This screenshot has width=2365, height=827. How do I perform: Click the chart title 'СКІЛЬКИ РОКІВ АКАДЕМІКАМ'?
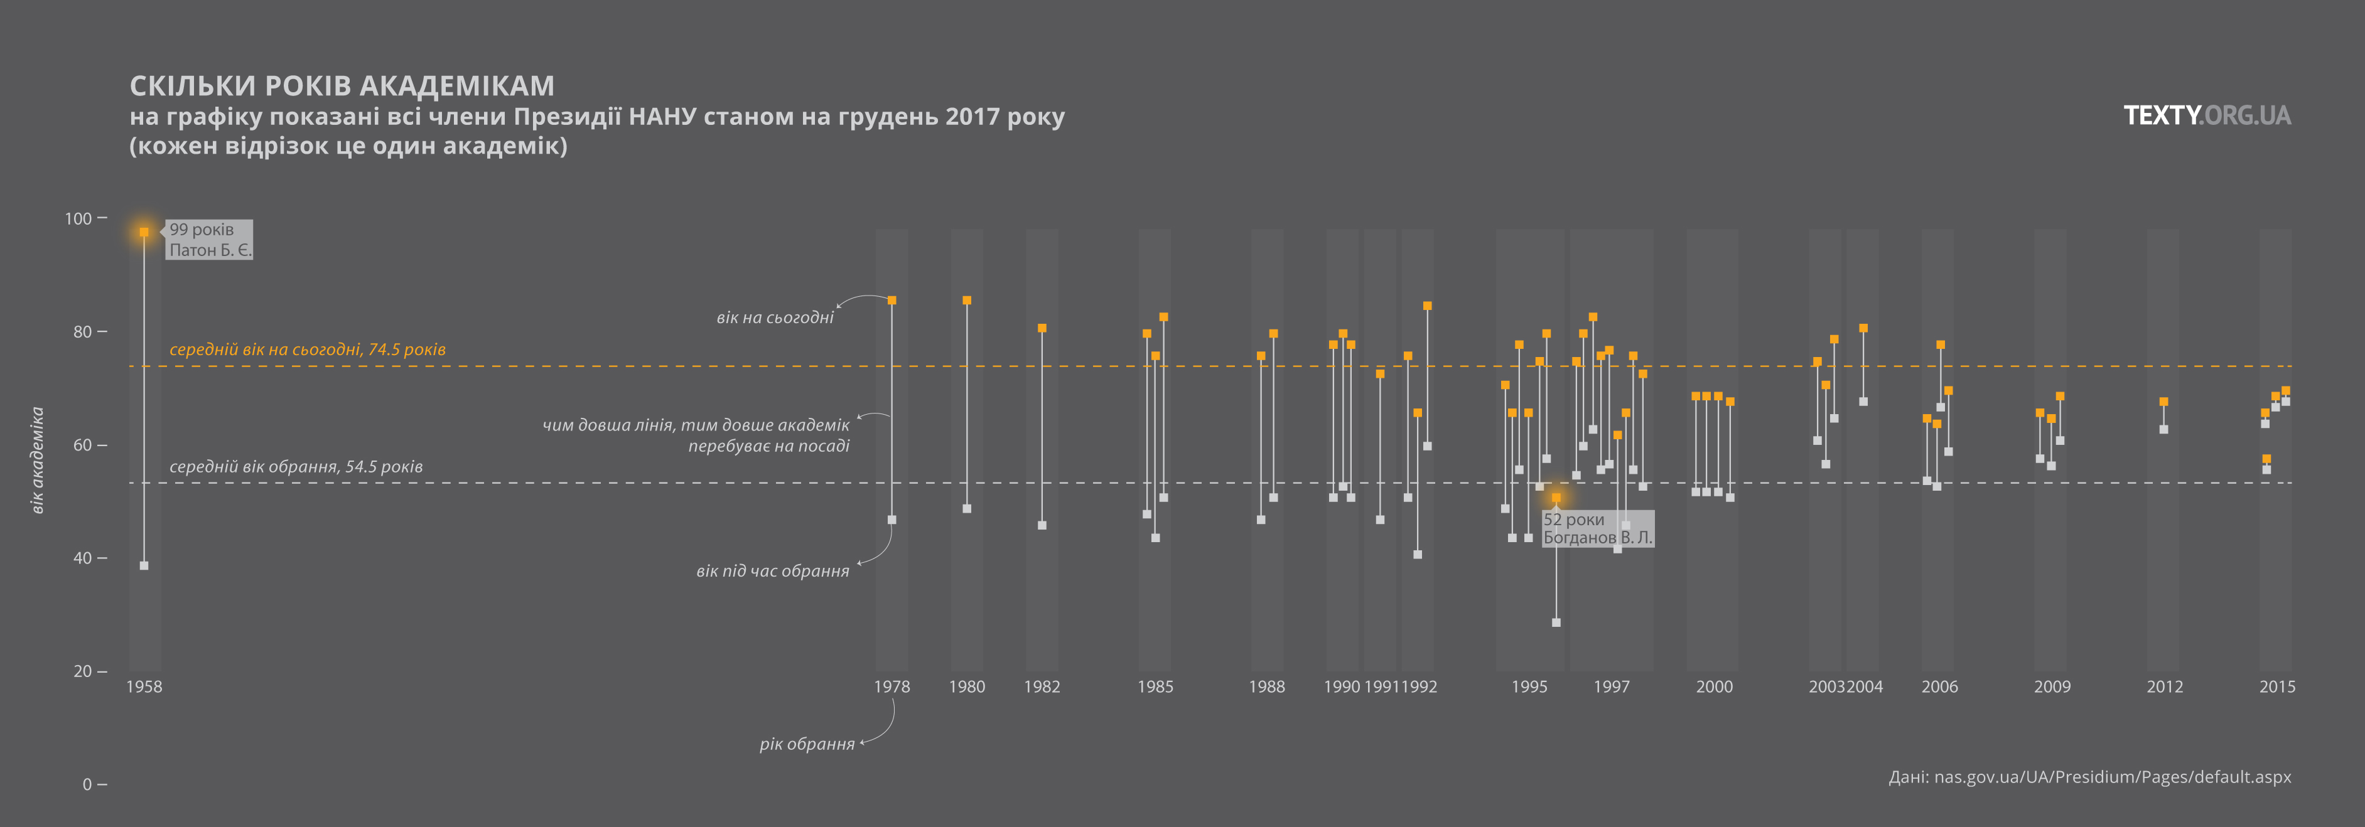click(x=342, y=85)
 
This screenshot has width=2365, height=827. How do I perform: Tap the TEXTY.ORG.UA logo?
click(x=2207, y=115)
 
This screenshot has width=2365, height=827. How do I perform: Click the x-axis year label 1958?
click(x=144, y=686)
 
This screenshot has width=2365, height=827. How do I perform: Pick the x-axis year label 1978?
click(x=892, y=686)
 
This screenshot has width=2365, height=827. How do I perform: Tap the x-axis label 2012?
click(x=2164, y=686)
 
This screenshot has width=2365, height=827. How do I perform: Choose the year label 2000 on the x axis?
click(x=1714, y=686)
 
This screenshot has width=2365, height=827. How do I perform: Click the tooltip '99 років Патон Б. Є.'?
click(x=209, y=240)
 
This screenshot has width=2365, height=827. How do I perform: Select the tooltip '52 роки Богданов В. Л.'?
click(x=1597, y=529)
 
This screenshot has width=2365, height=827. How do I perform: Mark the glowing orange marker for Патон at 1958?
click(x=144, y=232)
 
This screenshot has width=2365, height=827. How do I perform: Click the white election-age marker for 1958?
click(x=144, y=565)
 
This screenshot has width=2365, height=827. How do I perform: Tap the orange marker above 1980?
click(x=967, y=300)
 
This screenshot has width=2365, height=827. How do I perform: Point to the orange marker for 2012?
click(x=2164, y=401)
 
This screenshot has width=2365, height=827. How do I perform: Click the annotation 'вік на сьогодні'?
click(x=775, y=317)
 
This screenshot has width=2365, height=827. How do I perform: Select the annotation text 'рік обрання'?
click(x=807, y=744)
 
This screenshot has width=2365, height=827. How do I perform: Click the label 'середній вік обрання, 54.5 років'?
click(x=296, y=466)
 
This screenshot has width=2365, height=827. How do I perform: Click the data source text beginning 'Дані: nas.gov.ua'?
click(x=2089, y=777)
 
